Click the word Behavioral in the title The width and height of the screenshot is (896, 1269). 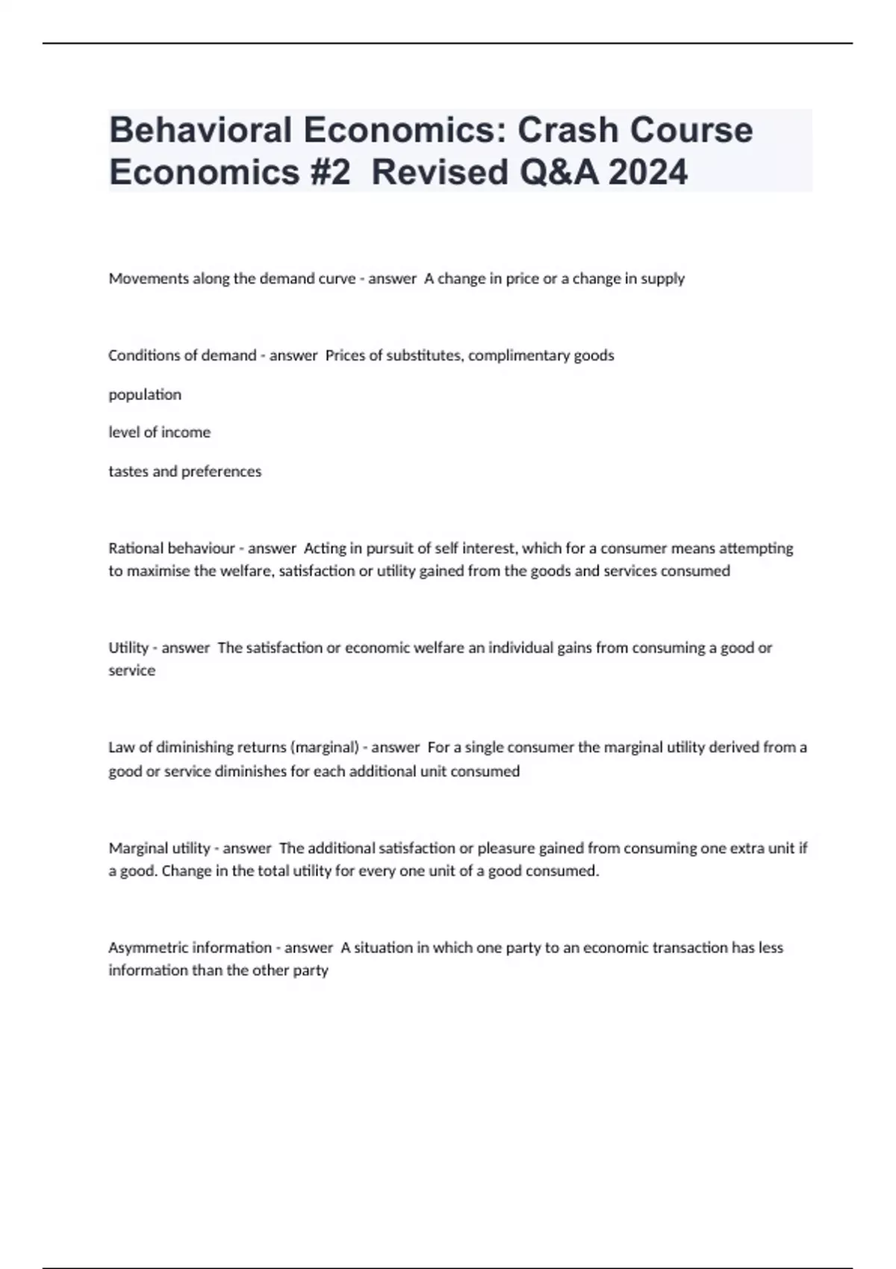coord(201,130)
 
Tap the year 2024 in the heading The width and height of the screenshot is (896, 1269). coord(648,172)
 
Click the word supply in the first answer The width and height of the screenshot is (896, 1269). coord(662,278)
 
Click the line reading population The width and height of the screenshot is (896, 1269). coord(145,394)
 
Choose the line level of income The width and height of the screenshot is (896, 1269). coord(159,432)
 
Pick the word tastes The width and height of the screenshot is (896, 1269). coord(128,471)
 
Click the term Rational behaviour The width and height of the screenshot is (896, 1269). coord(172,548)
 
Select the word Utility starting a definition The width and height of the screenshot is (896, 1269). coord(128,648)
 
